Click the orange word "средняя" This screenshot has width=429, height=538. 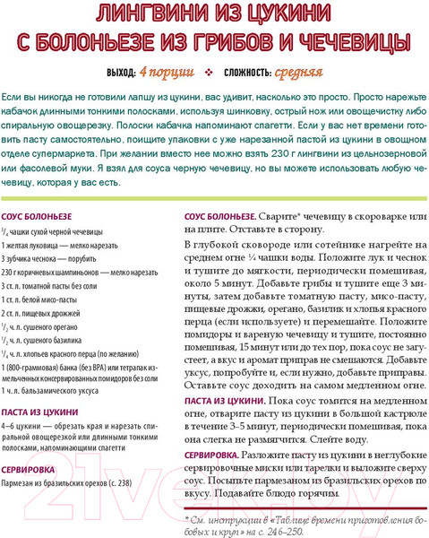pos(299,72)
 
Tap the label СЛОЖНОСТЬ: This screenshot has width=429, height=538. pos(243,73)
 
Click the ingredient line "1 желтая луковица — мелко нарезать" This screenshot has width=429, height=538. pos(67,245)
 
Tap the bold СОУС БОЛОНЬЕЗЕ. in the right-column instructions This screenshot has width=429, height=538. pos(221,218)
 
